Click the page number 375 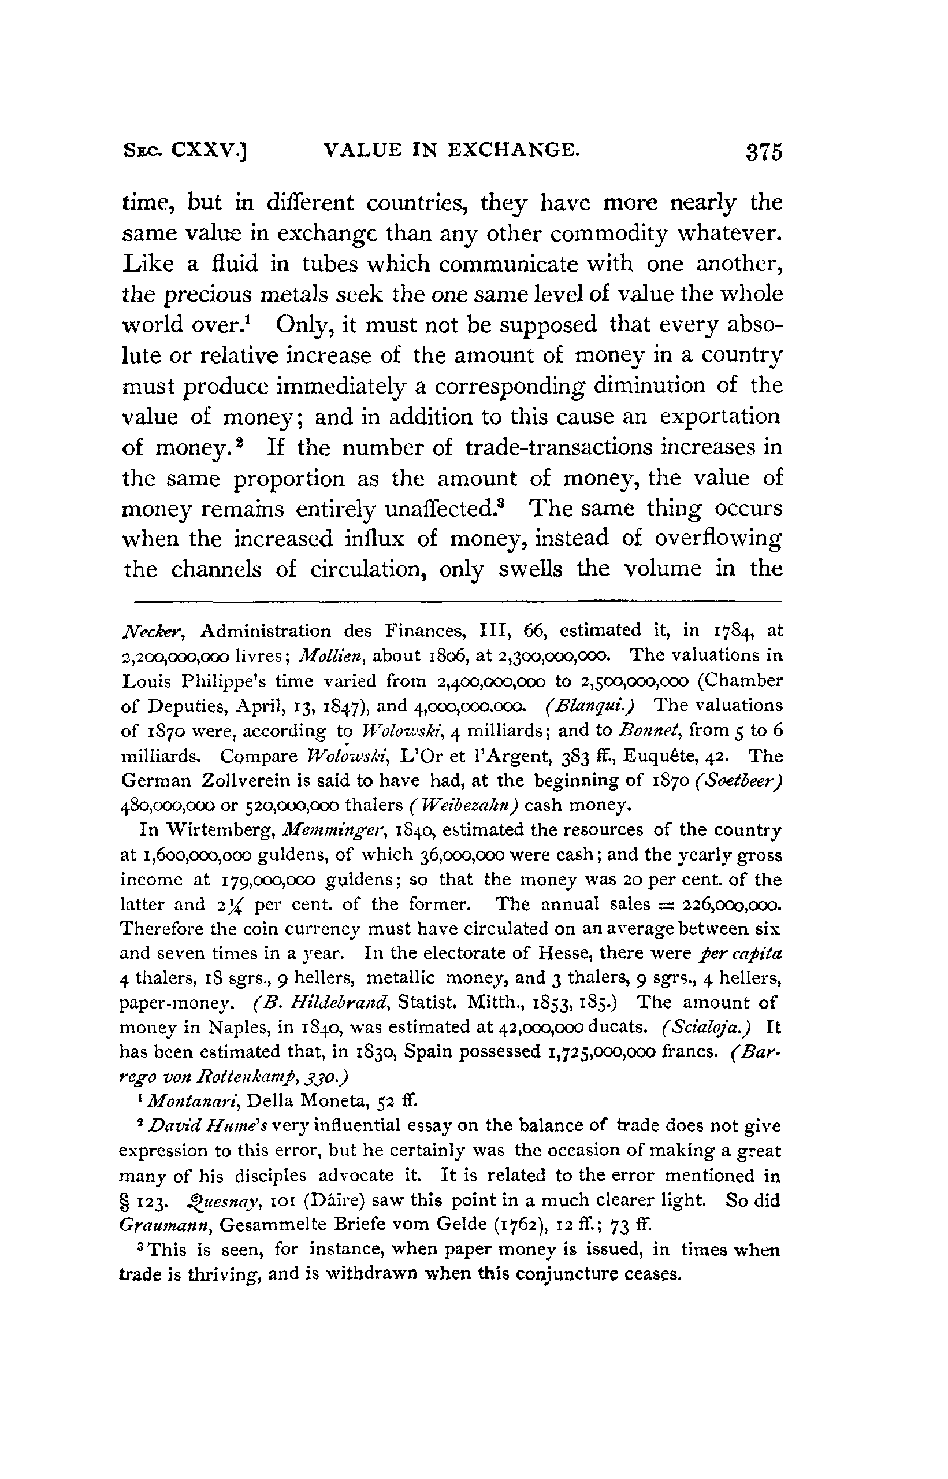click(x=764, y=151)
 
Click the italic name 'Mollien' click(x=325, y=655)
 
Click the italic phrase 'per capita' click(x=741, y=954)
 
